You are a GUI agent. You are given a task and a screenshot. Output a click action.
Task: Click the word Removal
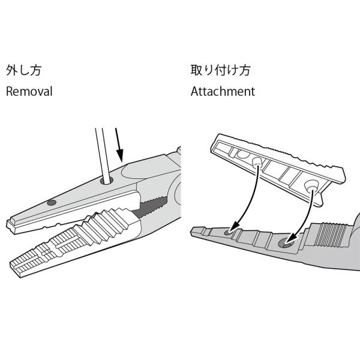point(29,91)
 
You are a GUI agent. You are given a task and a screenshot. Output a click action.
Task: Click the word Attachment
point(223,91)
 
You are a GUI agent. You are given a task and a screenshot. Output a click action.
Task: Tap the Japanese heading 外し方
point(23,70)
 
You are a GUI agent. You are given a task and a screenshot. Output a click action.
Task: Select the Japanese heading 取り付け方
point(220,70)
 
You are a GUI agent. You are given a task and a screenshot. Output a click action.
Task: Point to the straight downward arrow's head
point(119,155)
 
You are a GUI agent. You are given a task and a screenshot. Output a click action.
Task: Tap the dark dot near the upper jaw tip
point(52,203)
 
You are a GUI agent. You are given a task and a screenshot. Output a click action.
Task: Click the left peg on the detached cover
point(257,162)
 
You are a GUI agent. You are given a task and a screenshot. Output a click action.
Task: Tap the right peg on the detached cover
point(311,185)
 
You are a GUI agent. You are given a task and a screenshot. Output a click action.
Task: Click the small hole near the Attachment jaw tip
point(227,232)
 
